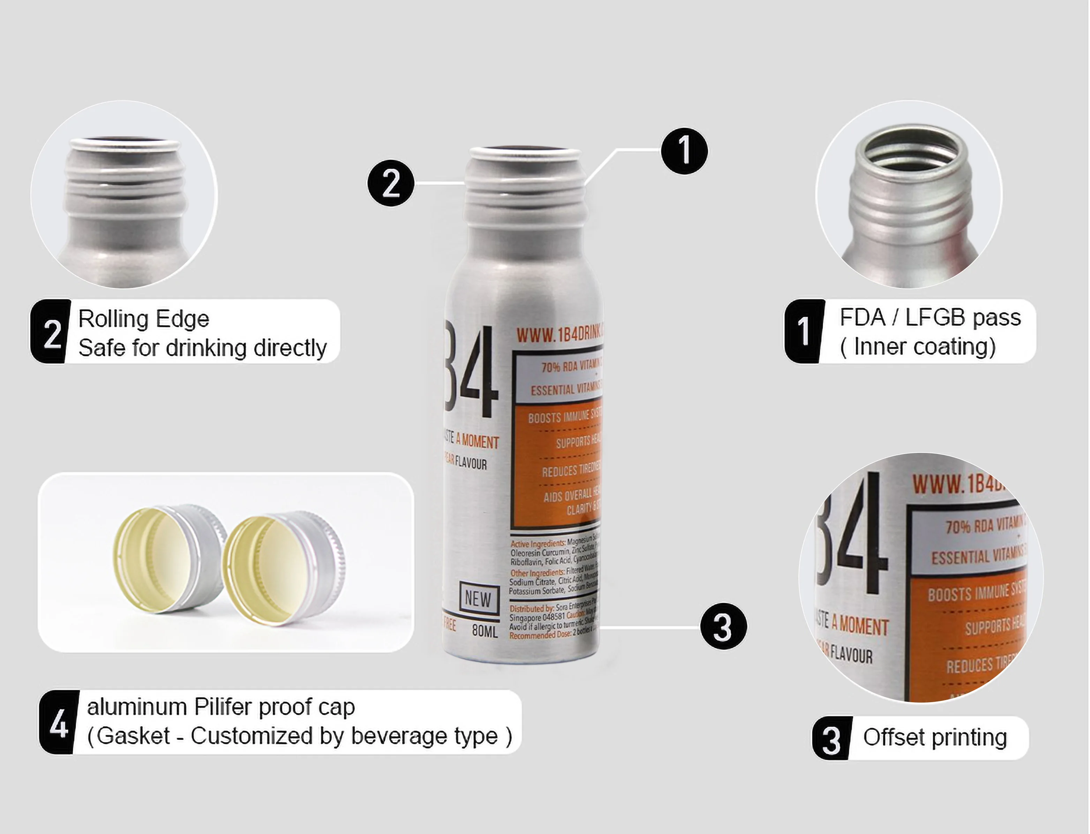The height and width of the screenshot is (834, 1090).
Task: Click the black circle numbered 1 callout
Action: pyautogui.click(x=684, y=151)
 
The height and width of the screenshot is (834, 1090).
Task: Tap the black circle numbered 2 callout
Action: pyautogui.click(x=391, y=183)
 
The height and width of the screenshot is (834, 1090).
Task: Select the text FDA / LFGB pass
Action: pyautogui.click(x=930, y=318)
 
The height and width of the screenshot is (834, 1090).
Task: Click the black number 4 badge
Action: pyautogui.click(x=59, y=722)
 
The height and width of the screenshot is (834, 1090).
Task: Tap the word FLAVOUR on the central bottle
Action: pyautogui.click(x=471, y=464)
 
